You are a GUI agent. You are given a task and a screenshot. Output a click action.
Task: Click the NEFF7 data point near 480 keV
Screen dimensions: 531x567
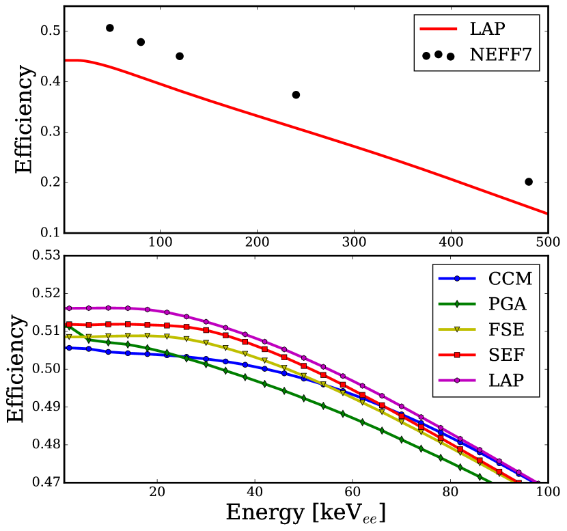pyautogui.click(x=529, y=182)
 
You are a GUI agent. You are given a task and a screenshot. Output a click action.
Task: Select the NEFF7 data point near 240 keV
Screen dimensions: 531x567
pyautogui.click(x=296, y=95)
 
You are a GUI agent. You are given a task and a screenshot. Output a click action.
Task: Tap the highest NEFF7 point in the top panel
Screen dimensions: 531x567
pyautogui.click(x=110, y=28)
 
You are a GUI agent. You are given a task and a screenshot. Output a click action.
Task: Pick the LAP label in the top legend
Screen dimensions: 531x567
pyautogui.click(x=486, y=31)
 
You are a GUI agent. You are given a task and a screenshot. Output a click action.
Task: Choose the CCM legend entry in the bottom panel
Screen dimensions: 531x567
pyautogui.click(x=510, y=279)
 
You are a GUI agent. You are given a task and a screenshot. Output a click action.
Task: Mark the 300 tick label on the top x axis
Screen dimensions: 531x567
pyautogui.click(x=354, y=242)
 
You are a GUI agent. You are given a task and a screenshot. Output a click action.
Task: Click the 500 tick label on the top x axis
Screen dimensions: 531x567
pyautogui.click(x=547, y=242)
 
